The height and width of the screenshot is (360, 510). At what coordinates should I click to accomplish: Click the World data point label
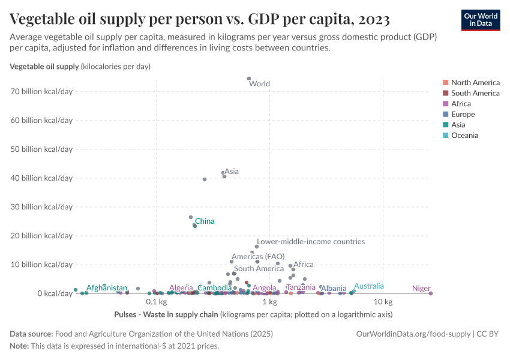coord(259,84)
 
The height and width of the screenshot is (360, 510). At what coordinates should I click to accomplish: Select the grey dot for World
coord(249,79)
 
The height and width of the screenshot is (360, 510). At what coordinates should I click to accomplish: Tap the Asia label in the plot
coord(232,172)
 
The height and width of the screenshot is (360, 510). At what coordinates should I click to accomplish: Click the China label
coord(205,221)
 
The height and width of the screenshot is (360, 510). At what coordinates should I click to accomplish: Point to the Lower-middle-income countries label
coord(311,242)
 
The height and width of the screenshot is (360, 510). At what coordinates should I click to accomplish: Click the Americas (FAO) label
coord(258,256)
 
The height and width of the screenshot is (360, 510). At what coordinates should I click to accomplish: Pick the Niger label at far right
coord(421,289)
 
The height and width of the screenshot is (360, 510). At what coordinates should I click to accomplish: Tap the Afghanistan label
coord(107,288)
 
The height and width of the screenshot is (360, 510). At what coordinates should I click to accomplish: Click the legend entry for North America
coord(475,83)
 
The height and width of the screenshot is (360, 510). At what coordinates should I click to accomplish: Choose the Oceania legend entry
coord(464,136)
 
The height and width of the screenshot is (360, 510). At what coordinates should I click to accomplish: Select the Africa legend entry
coord(461,104)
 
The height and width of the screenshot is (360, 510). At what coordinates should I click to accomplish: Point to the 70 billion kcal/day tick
coord(41,91)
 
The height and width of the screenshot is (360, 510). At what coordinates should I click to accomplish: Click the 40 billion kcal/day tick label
coord(41,178)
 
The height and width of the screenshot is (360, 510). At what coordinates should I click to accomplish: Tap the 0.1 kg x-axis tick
coord(155,302)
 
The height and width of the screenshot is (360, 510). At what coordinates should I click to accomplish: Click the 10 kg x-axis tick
coord(383,302)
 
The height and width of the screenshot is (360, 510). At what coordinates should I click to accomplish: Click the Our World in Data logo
coord(481,20)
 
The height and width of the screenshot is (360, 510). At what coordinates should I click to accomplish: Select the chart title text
coord(200,20)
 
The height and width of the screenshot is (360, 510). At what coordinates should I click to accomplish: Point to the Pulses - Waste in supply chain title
coord(166,314)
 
